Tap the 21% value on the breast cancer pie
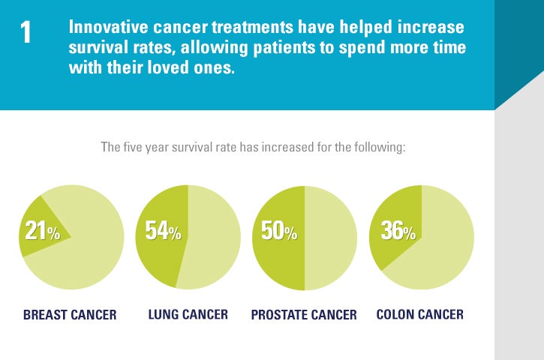42,232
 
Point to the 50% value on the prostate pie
279,232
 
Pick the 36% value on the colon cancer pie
398,232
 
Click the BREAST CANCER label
70,314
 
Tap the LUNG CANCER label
188,314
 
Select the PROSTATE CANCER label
304,314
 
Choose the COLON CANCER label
419,314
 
